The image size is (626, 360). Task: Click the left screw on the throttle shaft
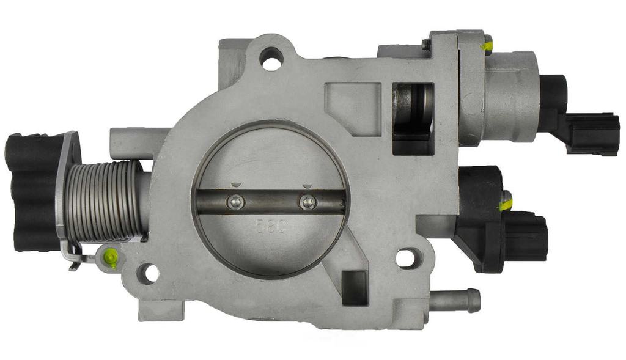[x=234, y=201]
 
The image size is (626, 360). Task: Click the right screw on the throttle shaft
[x=307, y=201]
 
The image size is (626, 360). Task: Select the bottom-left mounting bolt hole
[x=147, y=273]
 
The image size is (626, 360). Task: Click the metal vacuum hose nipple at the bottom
[x=455, y=300]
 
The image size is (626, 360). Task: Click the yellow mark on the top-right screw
[x=486, y=45]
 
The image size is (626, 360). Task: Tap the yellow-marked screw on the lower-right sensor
[x=506, y=203]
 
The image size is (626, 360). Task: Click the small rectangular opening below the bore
[x=354, y=287]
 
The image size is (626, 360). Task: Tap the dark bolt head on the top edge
[x=426, y=44]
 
